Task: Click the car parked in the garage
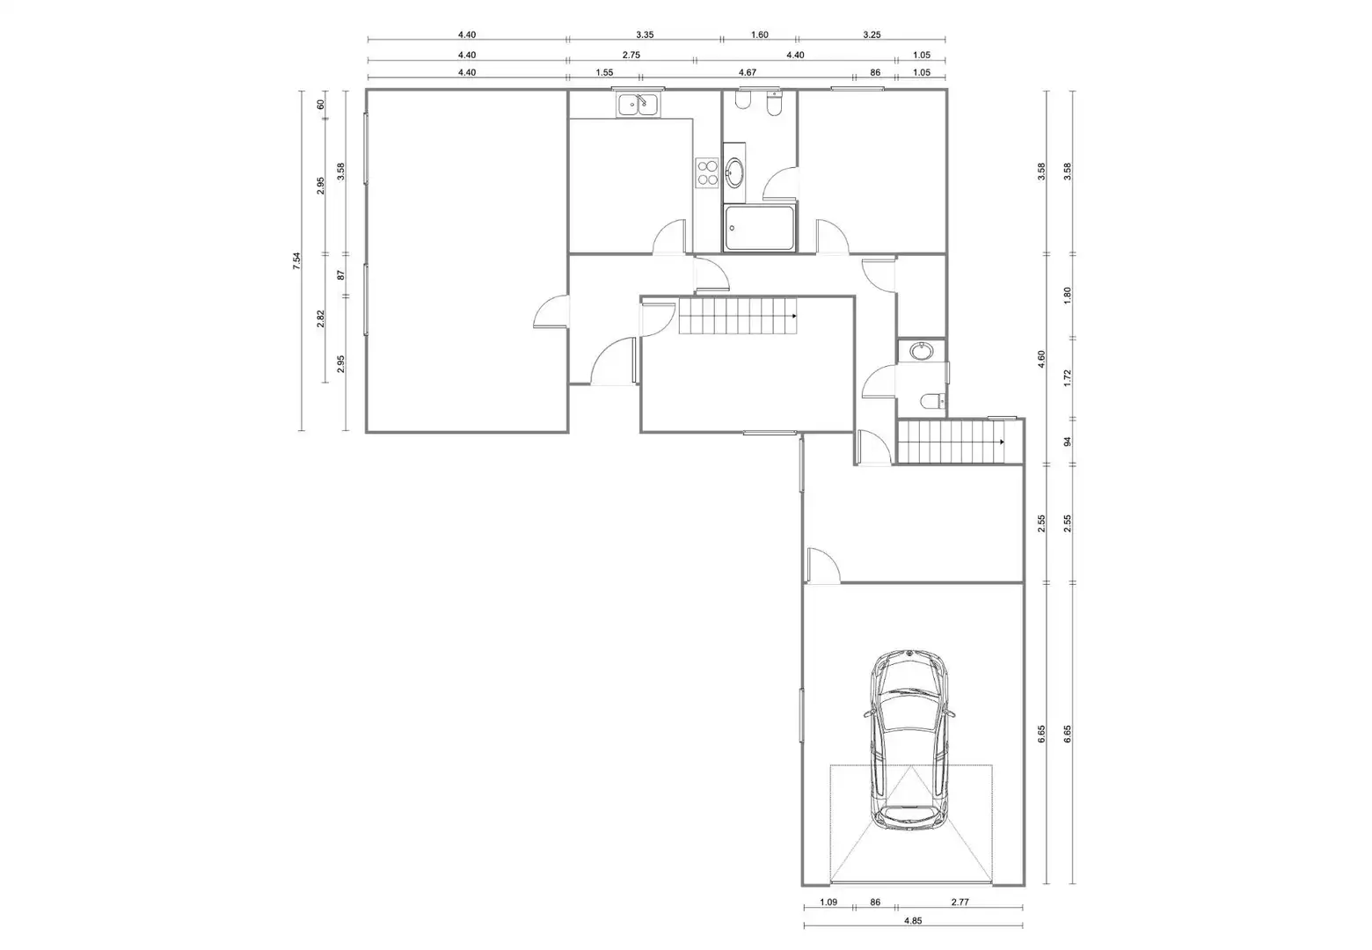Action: point(909,741)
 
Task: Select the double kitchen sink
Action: point(638,106)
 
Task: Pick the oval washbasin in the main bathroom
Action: point(733,173)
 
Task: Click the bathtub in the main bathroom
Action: point(759,228)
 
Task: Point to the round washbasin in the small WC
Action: point(921,351)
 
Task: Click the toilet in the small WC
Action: point(932,400)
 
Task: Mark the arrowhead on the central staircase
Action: point(794,316)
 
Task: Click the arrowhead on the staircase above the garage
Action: point(1002,442)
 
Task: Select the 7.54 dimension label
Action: point(296,261)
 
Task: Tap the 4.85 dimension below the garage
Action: point(913,921)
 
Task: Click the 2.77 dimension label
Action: point(960,902)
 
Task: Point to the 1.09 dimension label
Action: point(828,902)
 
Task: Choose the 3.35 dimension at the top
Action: point(645,35)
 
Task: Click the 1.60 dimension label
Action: point(760,35)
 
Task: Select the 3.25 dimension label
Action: point(872,35)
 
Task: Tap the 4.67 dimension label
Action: point(748,72)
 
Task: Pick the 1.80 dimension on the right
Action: point(1068,296)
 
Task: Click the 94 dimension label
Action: point(1068,442)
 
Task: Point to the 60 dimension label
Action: point(320,104)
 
